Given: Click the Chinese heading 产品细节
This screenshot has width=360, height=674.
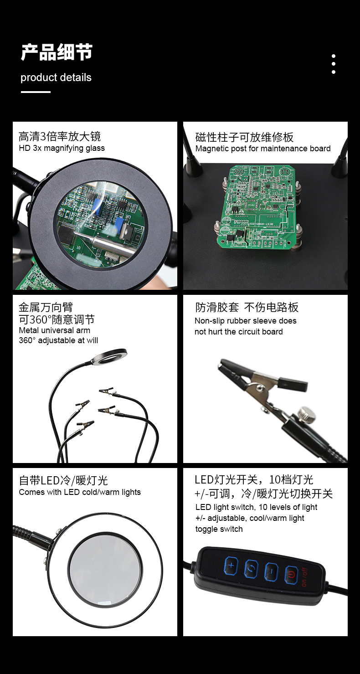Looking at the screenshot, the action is coord(57,52).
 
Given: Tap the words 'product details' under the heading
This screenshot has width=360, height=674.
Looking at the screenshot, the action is coord(56,77).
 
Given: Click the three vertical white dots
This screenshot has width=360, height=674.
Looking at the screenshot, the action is coord(333,64).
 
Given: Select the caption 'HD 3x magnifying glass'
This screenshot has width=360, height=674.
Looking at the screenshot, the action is coord(62,148).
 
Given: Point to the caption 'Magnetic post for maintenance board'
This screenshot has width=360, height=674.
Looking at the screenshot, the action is coord(263,149).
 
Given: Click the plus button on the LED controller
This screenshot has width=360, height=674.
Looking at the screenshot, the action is coord(231,566).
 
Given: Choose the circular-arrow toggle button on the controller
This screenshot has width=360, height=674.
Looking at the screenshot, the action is coord(251,569).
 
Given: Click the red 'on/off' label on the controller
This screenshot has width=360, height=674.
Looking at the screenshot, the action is coord(304,577).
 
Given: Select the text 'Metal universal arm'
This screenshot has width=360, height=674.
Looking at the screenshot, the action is coord(55,330).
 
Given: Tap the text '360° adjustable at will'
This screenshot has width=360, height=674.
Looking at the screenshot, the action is coord(58,340).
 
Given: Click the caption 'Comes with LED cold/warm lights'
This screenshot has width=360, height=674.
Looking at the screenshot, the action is coord(80,492).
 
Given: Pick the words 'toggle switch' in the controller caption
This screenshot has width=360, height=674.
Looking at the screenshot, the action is coord(219,529).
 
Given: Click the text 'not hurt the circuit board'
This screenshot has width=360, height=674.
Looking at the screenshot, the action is coord(239,332).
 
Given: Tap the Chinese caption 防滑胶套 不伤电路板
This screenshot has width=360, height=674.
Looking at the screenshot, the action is coord(247,307).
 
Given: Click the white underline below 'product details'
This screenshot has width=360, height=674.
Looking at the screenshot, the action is coord(36,92).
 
